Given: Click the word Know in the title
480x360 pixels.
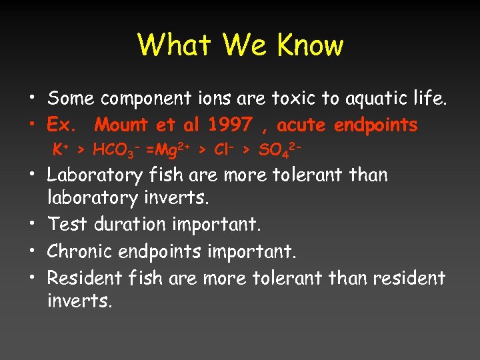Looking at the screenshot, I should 310,45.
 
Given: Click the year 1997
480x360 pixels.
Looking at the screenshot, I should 230,124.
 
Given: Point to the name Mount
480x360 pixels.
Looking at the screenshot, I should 122,124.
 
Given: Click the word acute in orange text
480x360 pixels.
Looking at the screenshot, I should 301,124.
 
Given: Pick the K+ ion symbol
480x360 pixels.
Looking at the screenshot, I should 61,149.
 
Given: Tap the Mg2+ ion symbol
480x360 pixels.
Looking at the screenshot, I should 169,150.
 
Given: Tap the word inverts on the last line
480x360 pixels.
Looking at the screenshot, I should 78,301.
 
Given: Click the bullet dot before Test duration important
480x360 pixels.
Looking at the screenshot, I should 32,225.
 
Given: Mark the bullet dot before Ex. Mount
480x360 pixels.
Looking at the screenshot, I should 32,125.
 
